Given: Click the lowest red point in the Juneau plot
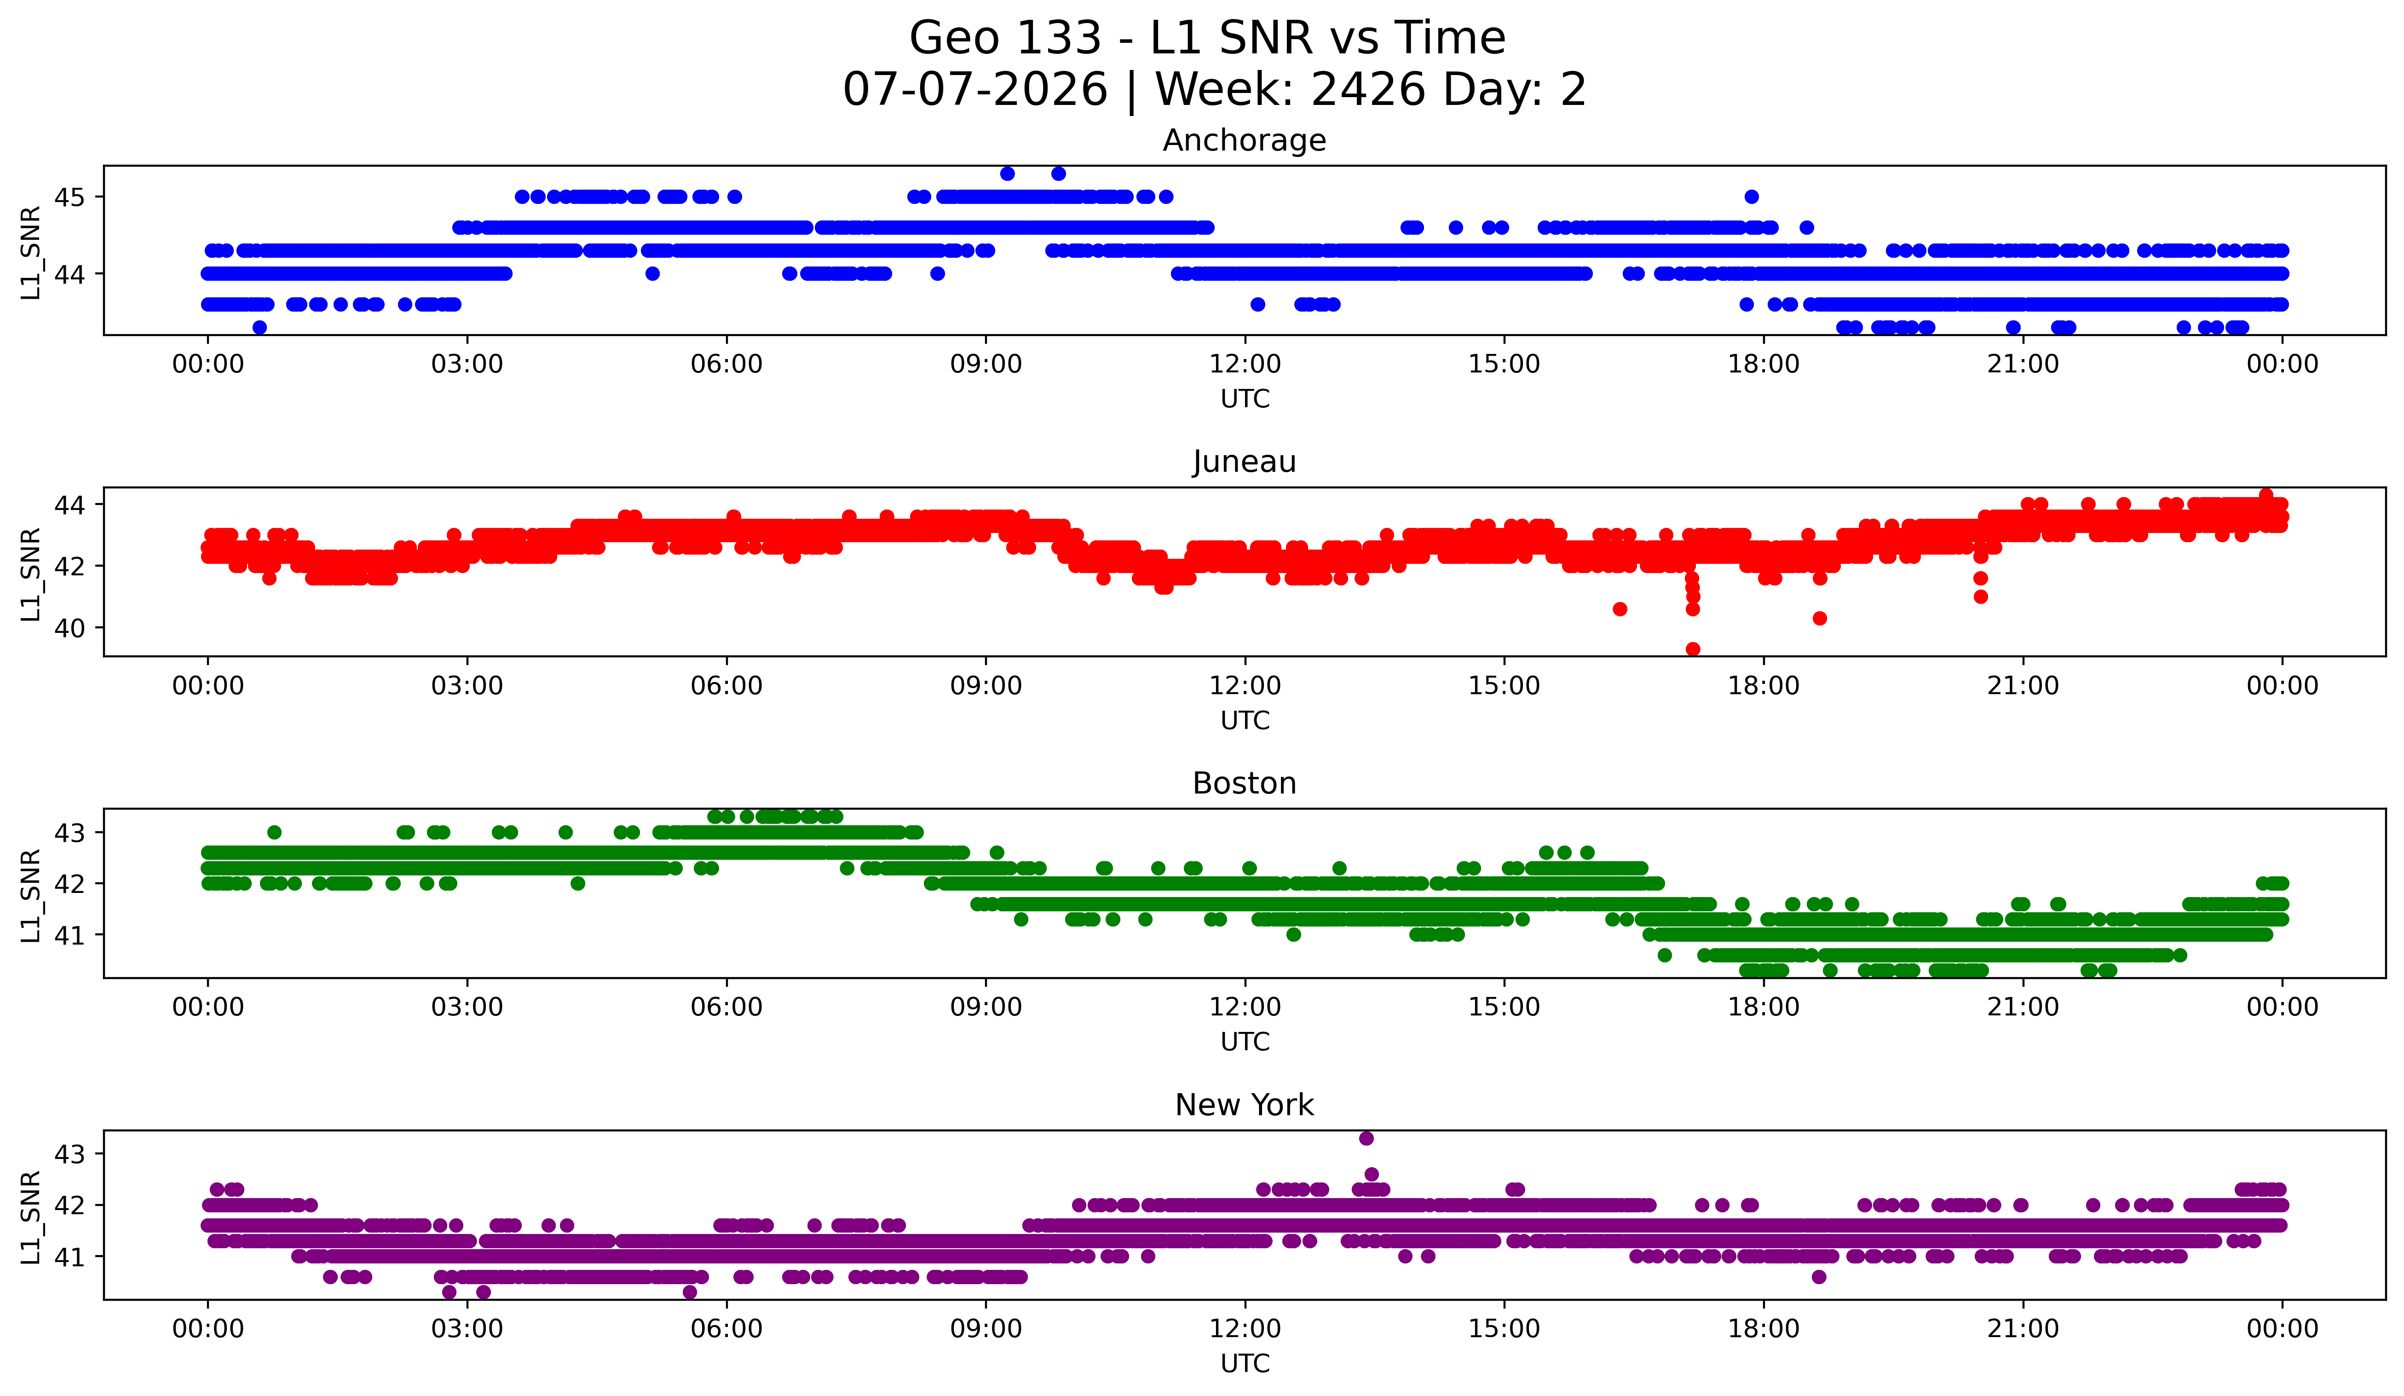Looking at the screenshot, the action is point(1692,649).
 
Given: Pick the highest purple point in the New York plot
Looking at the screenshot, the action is point(1366,1138).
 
